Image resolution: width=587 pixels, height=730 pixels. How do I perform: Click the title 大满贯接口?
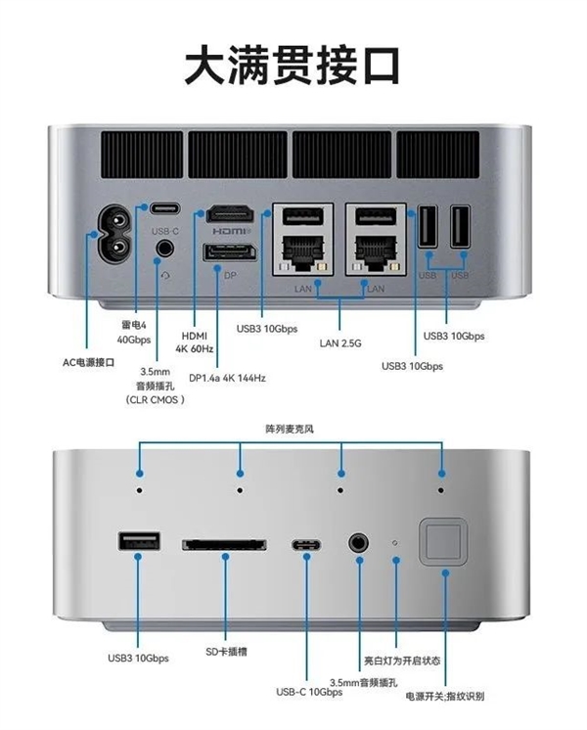point(293,64)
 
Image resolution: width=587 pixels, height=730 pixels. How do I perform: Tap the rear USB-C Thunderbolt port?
point(164,208)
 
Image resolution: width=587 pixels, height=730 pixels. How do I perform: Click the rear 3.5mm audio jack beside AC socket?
point(163,248)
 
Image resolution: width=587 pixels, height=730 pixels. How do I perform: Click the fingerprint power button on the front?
point(440,540)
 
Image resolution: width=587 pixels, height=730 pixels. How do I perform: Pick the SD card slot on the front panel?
point(224,542)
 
